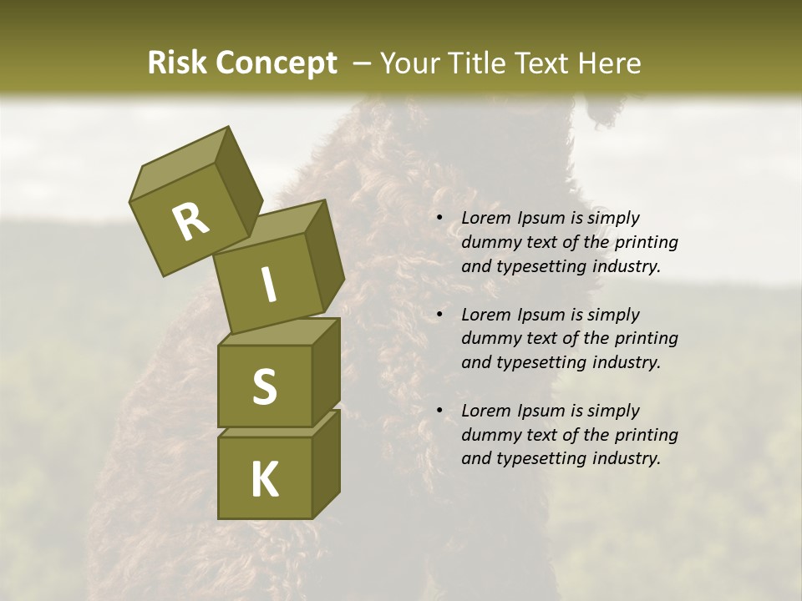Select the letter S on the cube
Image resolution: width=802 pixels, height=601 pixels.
tap(264, 386)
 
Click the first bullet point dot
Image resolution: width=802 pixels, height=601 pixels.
tap(439, 219)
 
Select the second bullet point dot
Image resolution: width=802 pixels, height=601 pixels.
tap(439, 316)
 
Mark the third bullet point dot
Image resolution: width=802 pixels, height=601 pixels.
tap(439, 412)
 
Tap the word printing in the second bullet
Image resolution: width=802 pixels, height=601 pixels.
tap(644, 339)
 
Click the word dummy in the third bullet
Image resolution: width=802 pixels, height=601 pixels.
tap(490, 435)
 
